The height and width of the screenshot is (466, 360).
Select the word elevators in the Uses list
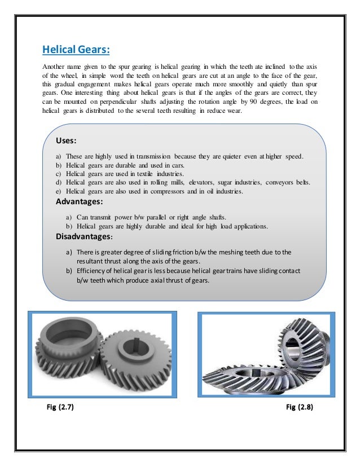[x=205, y=183]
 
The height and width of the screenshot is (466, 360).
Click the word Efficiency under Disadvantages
[x=92, y=271]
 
